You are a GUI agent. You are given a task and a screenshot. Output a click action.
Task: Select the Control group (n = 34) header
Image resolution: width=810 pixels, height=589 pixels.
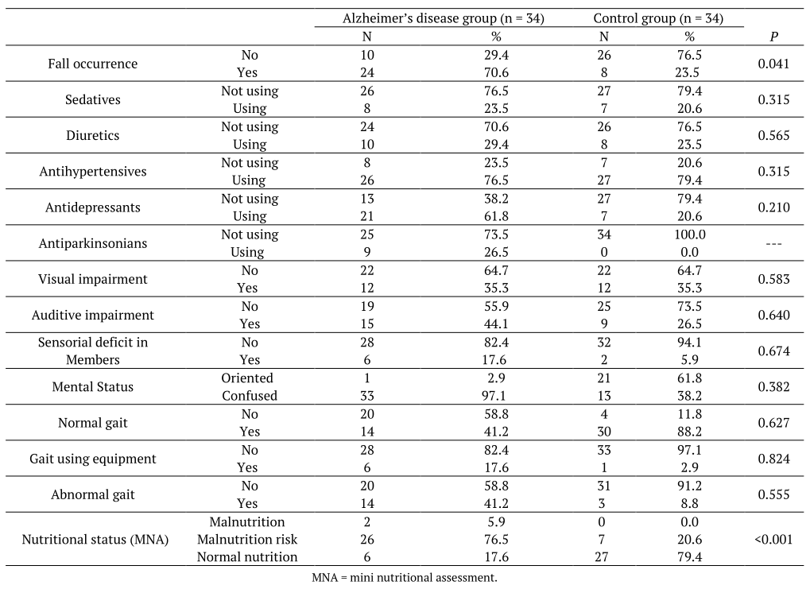pos(657,18)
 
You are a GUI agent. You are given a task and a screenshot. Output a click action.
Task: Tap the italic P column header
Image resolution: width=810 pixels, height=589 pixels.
pos(773,37)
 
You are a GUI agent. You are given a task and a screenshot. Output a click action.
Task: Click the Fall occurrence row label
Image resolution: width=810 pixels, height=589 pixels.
pos(92,64)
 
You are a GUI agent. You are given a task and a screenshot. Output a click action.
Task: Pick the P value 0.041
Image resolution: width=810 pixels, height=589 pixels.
pos(773,64)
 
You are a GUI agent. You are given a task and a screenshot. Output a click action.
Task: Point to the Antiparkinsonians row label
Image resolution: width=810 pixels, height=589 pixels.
pos(92,243)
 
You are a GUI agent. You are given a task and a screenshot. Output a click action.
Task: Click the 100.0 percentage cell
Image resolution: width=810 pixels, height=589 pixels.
pos(689,234)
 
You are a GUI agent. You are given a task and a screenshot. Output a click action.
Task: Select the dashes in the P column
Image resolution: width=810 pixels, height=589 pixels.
pos(773,243)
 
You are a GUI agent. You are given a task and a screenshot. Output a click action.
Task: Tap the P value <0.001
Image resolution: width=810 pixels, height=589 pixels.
pos(773,540)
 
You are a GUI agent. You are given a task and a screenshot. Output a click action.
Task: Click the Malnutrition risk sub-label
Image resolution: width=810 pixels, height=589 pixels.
pos(247,540)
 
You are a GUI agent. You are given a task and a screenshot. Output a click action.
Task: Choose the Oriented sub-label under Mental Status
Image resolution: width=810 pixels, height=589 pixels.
pos(247,378)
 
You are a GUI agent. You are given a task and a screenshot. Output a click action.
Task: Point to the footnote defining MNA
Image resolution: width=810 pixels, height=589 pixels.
pos(405,578)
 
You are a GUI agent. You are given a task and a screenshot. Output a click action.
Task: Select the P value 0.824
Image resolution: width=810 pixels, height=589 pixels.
pos(773,459)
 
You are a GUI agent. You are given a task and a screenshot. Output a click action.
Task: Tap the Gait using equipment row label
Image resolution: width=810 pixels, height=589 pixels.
pos(92,459)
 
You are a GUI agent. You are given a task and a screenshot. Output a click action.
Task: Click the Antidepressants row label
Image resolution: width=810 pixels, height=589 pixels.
pos(92,207)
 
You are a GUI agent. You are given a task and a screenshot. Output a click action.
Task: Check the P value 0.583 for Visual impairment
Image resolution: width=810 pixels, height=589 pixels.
pos(773,279)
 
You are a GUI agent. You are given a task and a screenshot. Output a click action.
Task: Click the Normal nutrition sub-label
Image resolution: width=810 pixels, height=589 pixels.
pos(247,557)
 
